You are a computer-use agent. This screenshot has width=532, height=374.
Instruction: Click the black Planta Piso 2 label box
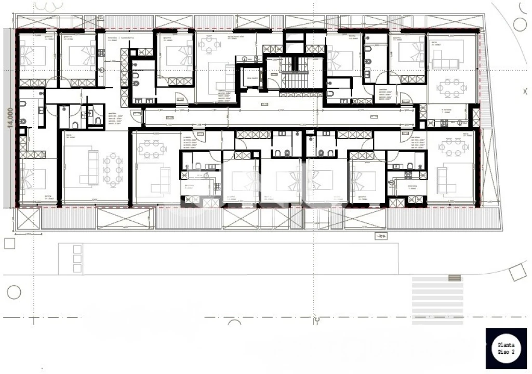coord(506,349)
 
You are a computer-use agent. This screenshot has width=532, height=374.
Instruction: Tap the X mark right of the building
coord(525,91)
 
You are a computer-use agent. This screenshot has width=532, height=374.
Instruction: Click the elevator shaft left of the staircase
coord(252,78)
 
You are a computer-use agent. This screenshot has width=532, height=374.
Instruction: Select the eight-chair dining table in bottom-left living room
coord(113,169)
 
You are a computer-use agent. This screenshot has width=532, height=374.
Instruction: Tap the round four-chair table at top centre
coord(209,44)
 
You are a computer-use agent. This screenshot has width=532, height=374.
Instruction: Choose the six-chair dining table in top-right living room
coord(451,88)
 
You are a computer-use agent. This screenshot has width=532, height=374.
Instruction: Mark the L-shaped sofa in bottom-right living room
coord(446,180)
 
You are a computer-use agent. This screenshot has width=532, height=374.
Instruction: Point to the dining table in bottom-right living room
coord(453,147)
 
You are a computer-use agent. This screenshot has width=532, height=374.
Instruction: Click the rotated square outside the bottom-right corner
coord(517,272)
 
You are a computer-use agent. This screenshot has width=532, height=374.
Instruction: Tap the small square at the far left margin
coord(9,244)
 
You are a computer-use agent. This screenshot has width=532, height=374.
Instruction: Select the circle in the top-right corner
coord(520,24)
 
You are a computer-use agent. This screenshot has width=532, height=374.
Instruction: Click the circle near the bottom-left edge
coord(13,292)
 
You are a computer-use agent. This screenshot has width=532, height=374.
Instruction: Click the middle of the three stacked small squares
coord(77,259)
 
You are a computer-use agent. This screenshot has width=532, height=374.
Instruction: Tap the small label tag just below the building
coord(381,237)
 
